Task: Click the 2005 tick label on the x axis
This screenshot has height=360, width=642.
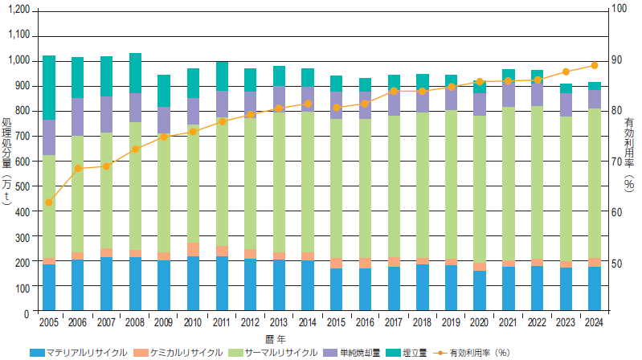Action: (49, 323)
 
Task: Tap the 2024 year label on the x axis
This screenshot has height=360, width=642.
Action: (595, 323)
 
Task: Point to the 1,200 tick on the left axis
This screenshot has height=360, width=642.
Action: (17, 10)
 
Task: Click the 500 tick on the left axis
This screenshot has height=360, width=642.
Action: (22, 186)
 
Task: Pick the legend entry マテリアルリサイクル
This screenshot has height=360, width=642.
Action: (81, 352)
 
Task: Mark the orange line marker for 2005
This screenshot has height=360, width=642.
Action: (49, 202)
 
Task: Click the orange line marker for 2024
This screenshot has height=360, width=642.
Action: (595, 65)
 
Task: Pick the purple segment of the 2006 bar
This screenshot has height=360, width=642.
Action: (78, 117)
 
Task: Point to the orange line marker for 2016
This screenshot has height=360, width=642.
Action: (365, 104)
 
